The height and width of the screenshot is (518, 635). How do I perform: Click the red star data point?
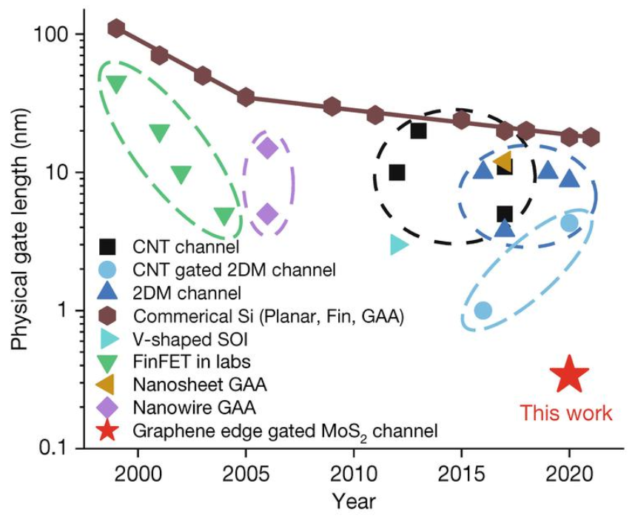point(568,374)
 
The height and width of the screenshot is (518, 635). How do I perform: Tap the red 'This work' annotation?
point(567,413)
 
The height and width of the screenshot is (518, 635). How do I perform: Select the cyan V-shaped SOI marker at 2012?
point(398,244)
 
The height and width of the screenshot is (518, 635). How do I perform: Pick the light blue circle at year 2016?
point(483,310)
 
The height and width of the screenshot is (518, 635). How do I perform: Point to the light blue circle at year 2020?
point(568,222)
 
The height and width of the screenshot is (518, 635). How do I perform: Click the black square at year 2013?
point(418,131)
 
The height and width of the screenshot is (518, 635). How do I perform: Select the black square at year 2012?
point(397,173)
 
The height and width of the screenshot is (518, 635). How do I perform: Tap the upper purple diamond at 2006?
point(267,147)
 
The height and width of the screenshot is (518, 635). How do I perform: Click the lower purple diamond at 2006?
point(267,215)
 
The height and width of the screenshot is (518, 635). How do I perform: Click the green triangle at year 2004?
point(224,215)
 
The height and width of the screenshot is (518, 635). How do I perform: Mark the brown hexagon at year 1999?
point(116,29)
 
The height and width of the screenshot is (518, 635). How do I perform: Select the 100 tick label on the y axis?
point(56,35)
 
